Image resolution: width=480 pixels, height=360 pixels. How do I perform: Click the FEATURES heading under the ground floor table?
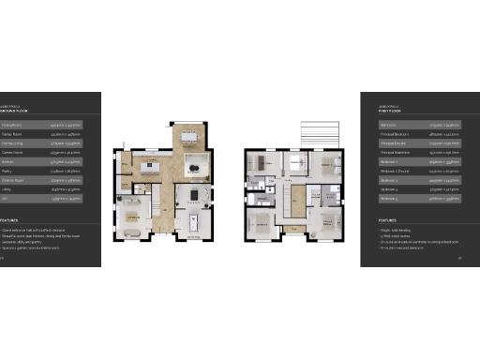(12, 221)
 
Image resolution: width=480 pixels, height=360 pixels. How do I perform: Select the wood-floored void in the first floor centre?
(298, 199)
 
